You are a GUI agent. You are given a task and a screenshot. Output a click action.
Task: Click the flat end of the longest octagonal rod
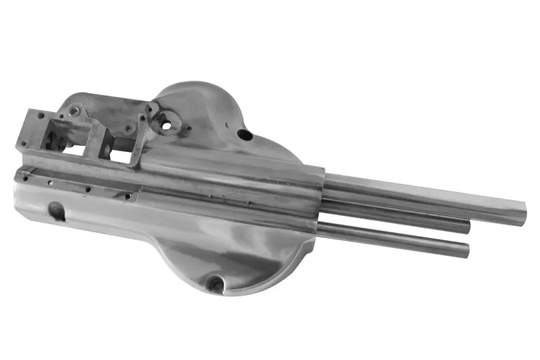(x=520, y=214)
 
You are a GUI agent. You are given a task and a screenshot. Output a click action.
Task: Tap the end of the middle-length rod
(x=467, y=226)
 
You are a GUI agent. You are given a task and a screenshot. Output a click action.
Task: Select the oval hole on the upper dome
(x=244, y=135)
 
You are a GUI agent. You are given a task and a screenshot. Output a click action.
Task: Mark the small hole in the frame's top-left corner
(x=41, y=116)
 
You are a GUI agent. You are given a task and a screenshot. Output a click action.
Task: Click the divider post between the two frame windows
(x=95, y=141)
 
